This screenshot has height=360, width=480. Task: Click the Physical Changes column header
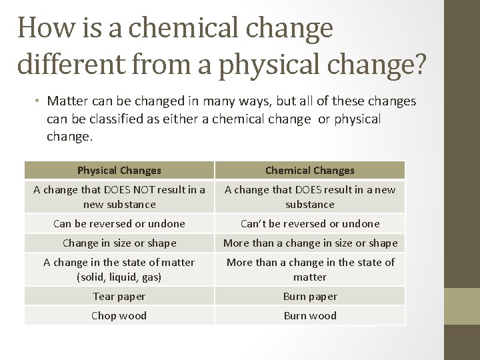click(119, 171)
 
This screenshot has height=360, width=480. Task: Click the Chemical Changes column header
click(310, 171)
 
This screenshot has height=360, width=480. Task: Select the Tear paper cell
click(119, 296)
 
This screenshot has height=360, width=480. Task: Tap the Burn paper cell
click(310, 296)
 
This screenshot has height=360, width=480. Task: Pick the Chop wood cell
click(119, 315)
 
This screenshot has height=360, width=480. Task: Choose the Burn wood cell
click(310, 315)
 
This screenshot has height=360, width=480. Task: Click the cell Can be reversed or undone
click(119, 223)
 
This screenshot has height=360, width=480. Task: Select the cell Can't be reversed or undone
click(310, 223)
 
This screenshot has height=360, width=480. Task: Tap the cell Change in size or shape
click(119, 243)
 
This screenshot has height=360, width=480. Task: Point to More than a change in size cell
click(310, 243)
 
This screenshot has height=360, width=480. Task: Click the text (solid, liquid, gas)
click(119, 277)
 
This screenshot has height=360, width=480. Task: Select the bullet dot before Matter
click(39, 101)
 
